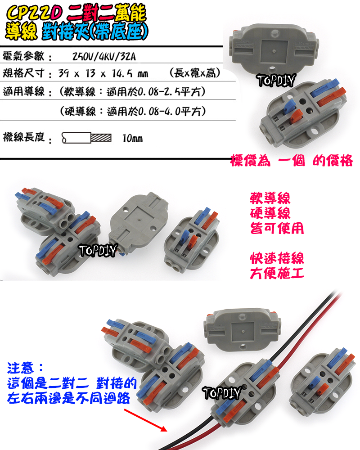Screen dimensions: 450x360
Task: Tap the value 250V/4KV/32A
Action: (106, 57)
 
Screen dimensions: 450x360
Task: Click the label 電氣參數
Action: (23, 57)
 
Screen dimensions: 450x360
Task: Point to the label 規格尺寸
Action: (23, 73)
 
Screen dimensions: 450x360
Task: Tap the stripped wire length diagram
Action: (85, 138)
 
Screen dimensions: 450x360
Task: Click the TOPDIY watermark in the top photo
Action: (276, 81)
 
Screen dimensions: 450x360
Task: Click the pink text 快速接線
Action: (277, 259)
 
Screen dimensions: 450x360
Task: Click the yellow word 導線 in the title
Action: (20, 31)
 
